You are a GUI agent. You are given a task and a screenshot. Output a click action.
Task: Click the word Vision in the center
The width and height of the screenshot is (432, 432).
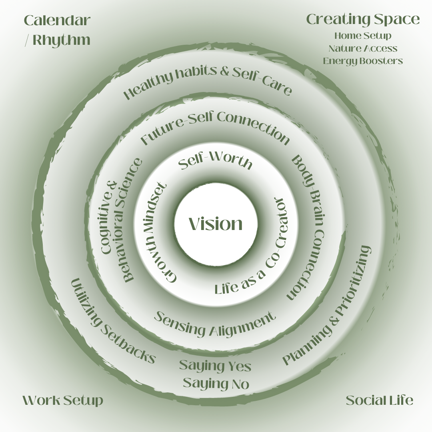click(x=216, y=224)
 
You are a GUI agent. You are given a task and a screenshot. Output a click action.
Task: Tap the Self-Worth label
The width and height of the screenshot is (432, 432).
click(x=215, y=162)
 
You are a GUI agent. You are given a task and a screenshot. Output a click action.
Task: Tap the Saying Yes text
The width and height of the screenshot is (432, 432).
click(x=215, y=366)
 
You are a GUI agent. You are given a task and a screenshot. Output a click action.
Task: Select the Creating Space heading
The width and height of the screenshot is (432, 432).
click(x=363, y=19)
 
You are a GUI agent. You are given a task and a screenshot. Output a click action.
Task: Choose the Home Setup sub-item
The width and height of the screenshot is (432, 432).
click(x=363, y=36)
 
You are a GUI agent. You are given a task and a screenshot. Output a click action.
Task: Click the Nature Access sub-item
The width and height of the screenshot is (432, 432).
click(x=363, y=48)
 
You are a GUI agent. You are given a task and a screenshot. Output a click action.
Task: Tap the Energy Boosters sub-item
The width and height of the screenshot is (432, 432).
click(x=363, y=61)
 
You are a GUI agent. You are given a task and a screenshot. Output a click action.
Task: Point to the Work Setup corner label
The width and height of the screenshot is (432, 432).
click(x=63, y=400)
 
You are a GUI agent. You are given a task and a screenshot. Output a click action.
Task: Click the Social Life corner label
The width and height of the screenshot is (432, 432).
click(x=379, y=400)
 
